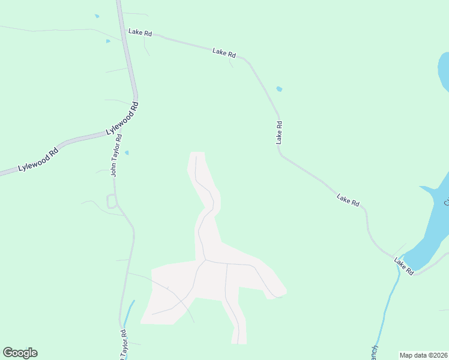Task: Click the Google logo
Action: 20,353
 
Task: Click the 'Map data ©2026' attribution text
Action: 423,355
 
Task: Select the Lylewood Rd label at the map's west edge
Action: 38,160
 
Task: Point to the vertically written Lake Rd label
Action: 279,132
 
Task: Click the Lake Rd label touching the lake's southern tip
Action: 404,266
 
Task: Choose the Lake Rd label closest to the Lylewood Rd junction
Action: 140,32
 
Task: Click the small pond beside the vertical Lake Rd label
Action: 279,89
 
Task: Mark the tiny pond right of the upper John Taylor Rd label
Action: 127,152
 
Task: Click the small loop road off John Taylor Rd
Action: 111,202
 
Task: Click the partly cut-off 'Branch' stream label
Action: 373,353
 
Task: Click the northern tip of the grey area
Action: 197,154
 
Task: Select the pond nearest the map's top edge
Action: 97,16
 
